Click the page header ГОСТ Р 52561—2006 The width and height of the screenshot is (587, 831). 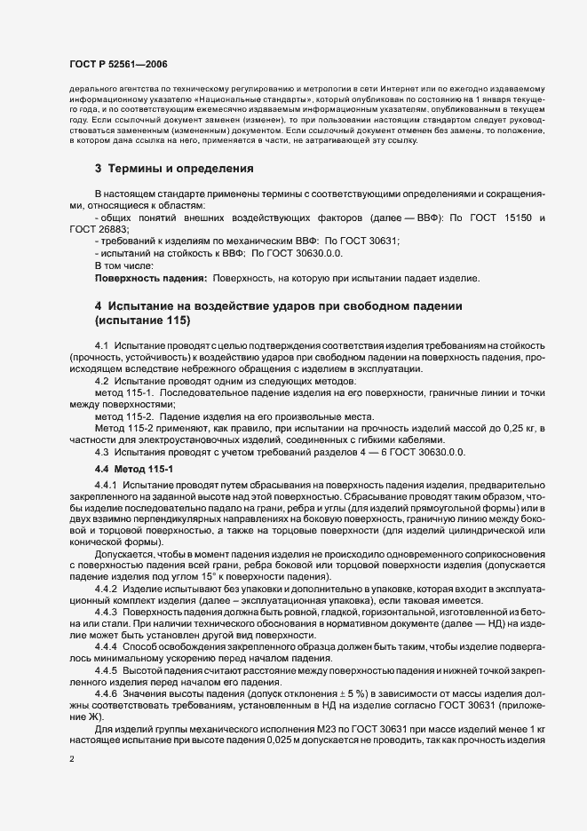(x=117, y=64)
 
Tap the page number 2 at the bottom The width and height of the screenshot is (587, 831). (x=72, y=759)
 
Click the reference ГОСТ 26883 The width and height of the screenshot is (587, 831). (x=92, y=228)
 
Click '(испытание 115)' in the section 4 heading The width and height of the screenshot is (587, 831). (x=142, y=320)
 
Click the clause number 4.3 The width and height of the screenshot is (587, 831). (x=101, y=453)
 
